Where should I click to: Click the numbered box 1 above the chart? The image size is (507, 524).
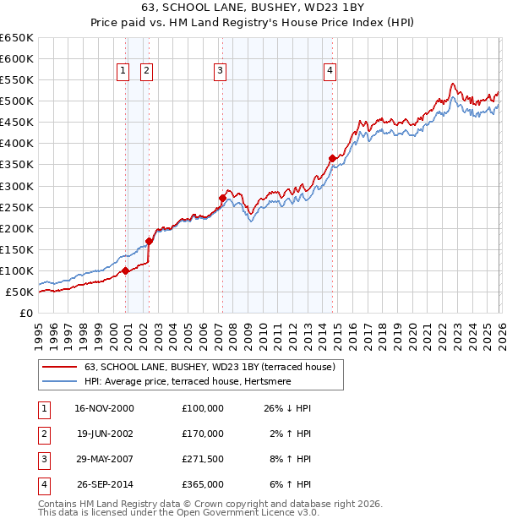(x=123, y=72)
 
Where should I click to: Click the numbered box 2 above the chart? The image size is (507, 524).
(x=147, y=72)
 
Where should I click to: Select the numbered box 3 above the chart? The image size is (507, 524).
(x=220, y=72)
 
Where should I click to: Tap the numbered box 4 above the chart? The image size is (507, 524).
(x=330, y=72)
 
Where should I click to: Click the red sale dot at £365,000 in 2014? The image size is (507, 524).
(x=332, y=158)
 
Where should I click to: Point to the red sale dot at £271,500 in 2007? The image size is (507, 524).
(x=222, y=198)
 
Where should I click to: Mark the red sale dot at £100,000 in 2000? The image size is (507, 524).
(x=125, y=270)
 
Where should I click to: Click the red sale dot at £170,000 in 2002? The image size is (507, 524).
(x=150, y=241)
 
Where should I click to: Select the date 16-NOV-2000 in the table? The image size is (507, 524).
(x=104, y=408)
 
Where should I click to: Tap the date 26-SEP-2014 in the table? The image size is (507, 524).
(x=104, y=484)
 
